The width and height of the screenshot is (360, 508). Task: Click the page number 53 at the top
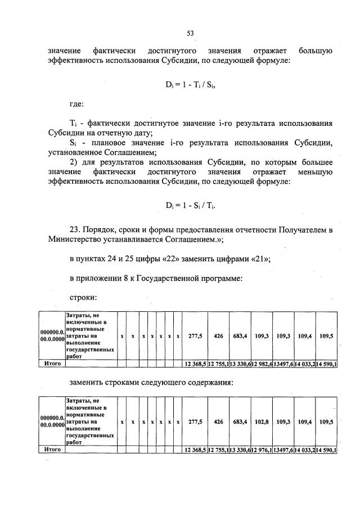tap(190, 33)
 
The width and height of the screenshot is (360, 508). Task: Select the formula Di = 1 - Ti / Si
tap(190, 85)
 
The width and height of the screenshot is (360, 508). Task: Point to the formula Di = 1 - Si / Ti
tap(190, 206)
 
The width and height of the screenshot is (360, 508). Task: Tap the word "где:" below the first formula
tap(76, 104)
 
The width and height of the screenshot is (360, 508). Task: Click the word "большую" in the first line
tap(316, 51)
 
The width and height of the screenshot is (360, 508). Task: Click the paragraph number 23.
tap(76, 230)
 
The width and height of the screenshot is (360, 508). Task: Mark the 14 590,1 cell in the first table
tap(326, 364)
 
